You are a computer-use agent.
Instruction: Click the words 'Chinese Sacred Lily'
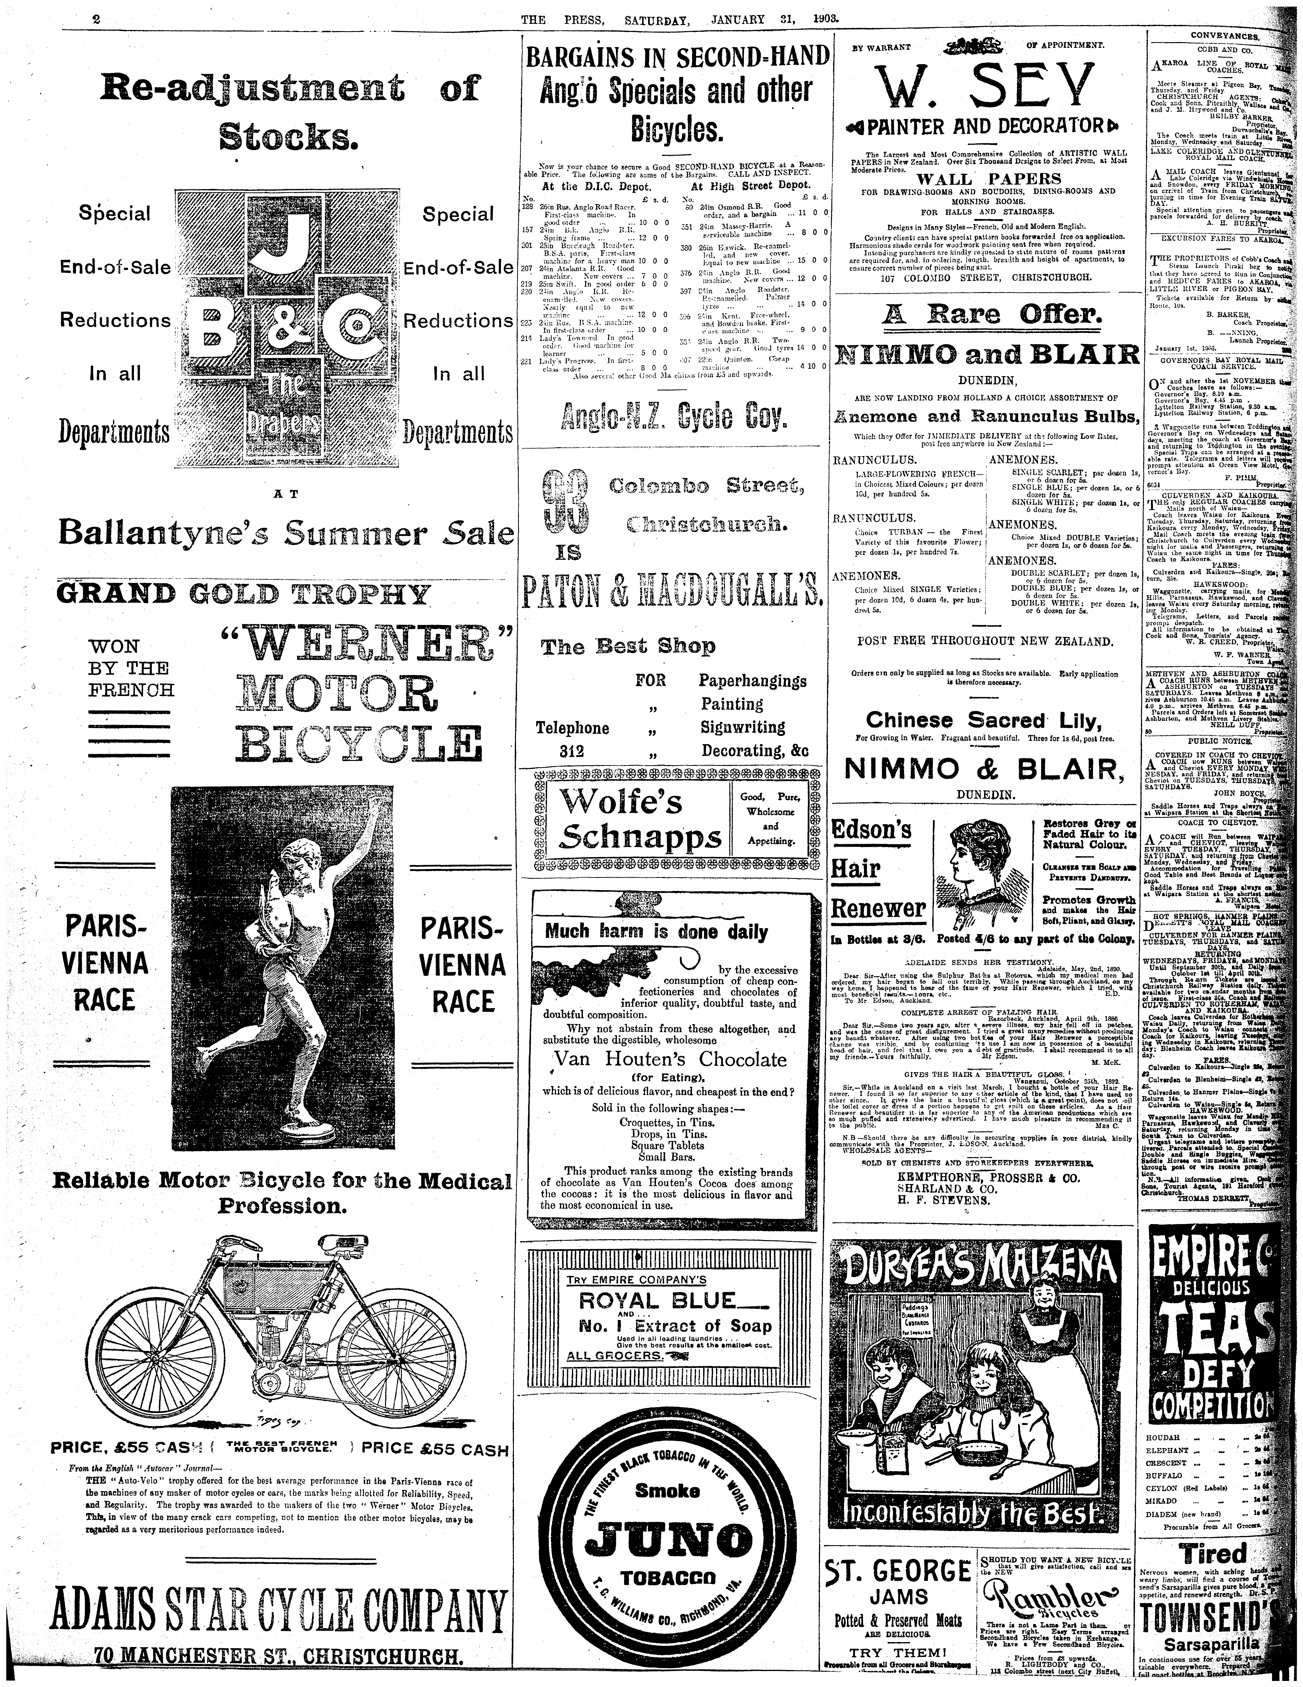982,721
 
